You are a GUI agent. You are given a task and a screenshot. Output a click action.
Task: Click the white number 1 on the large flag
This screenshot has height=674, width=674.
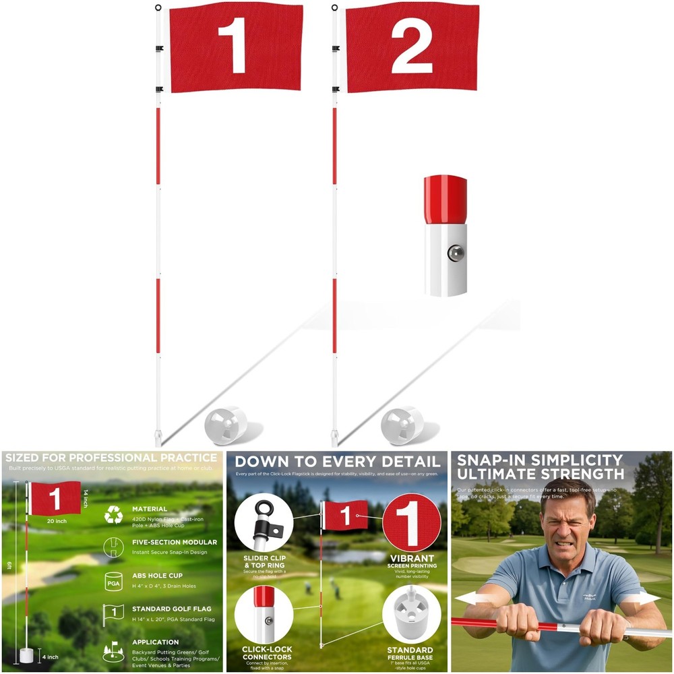click(233, 45)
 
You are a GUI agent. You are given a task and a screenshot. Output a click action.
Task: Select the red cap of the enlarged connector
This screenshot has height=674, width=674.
click(445, 199)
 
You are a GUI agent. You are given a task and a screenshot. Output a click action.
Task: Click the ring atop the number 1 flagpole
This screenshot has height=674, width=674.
click(158, 8)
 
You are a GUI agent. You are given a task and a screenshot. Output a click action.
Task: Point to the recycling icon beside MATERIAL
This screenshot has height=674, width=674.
click(113, 516)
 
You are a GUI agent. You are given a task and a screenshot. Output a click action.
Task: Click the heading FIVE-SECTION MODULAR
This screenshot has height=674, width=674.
click(175, 542)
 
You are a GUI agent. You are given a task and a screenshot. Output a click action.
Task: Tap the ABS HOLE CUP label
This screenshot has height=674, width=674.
click(157, 576)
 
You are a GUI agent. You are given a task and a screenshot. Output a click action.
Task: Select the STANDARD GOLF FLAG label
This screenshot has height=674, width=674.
click(172, 609)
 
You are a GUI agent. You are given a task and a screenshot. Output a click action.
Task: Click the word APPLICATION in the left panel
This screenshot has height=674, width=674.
click(156, 642)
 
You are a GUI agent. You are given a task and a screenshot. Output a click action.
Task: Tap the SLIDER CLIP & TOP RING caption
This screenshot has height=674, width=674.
click(264, 561)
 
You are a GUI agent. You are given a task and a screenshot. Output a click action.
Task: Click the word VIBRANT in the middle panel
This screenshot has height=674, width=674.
click(412, 559)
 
